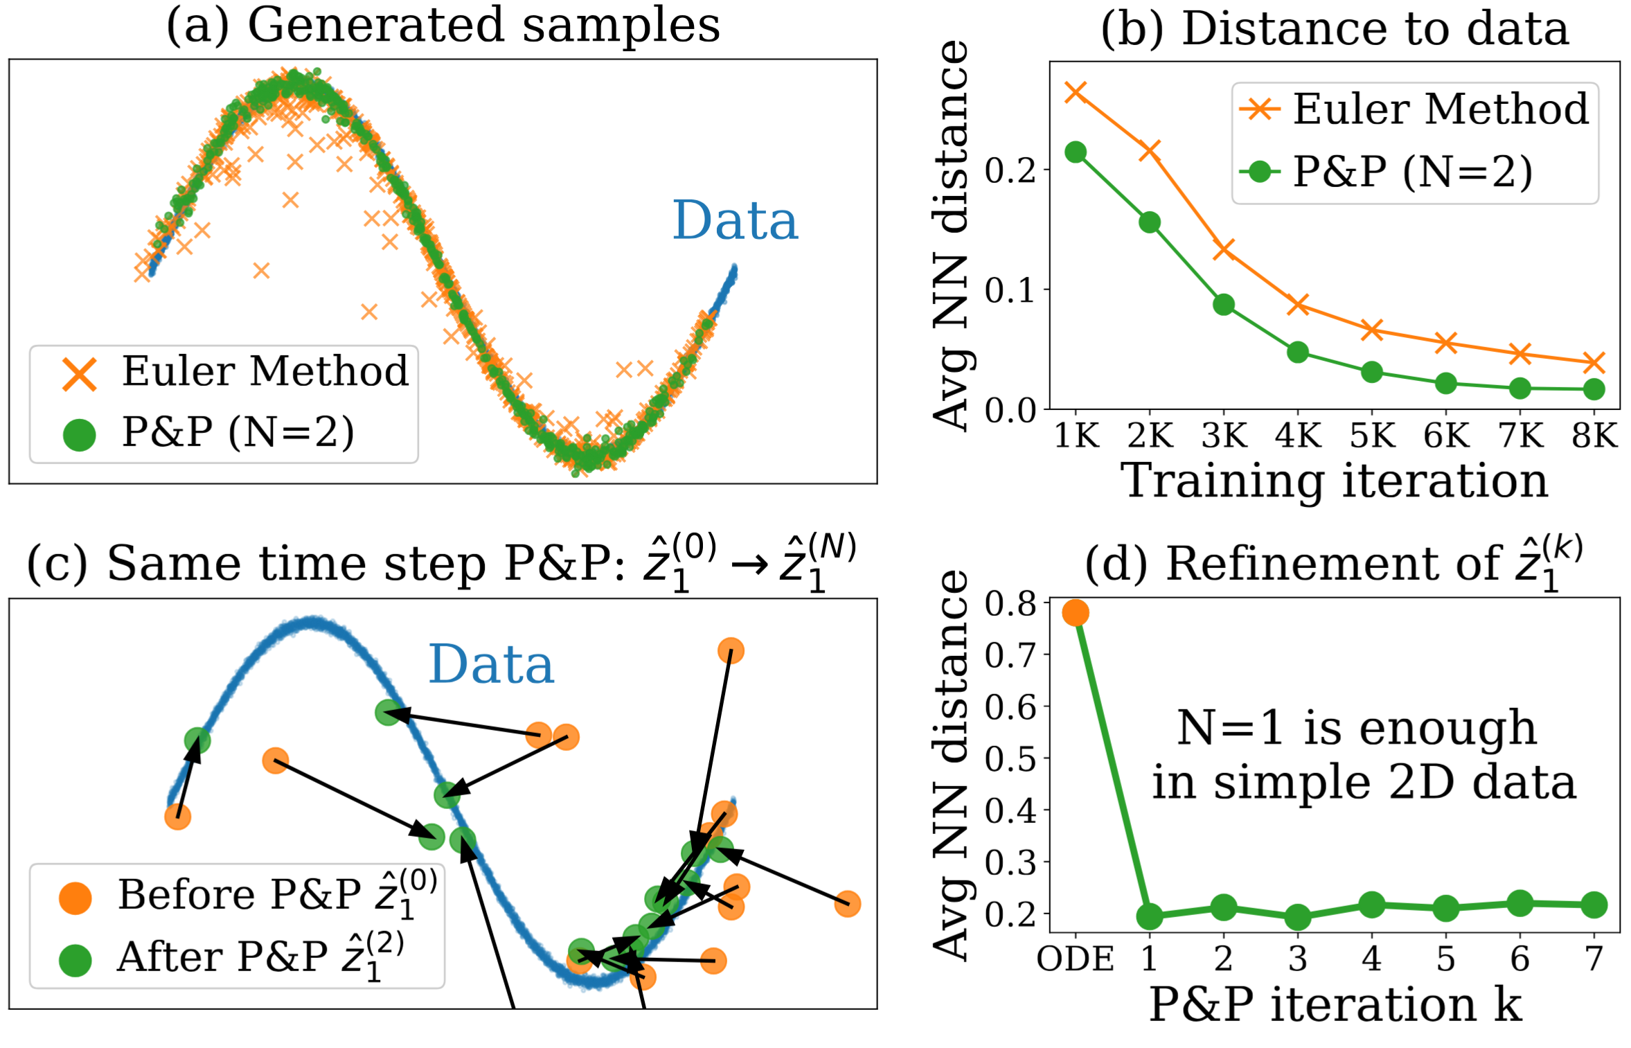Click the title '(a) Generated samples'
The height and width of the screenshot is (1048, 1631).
443,26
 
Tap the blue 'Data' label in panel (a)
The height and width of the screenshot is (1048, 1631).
735,221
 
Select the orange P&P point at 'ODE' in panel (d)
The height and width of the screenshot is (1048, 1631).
1076,612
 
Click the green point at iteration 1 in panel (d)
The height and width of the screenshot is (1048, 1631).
1150,916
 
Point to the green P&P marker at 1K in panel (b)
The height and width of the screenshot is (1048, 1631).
1076,152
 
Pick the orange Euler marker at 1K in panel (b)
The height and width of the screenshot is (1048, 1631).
1076,91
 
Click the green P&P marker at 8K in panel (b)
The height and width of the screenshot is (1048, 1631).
1594,389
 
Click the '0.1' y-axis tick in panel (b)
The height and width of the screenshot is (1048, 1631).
1010,290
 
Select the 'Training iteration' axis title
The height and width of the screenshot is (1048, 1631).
1334,480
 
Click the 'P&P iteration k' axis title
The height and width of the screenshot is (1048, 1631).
1335,1004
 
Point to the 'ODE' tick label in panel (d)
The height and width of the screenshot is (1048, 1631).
1075,959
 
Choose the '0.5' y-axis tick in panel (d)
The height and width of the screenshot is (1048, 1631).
1010,758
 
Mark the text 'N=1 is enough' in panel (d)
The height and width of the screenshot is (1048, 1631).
1357,728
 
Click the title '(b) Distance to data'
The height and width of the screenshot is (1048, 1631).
1335,29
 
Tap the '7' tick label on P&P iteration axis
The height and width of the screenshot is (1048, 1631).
1594,959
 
